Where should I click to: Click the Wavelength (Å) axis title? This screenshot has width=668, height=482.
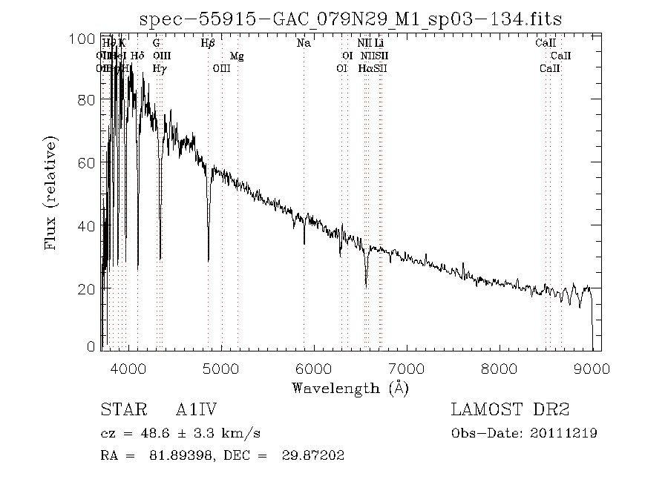pos(350,387)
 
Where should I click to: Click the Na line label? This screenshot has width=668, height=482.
pos(303,44)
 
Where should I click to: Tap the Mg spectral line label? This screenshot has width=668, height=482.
pos(236,56)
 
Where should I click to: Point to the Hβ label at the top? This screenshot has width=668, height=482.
pos(208,44)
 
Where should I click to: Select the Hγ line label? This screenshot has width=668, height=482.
pos(159,69)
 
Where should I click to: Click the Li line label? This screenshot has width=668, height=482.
pos(379,44)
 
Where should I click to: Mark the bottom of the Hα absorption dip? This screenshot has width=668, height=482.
pos(366,285)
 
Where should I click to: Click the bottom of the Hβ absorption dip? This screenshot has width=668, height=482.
pos(209,260)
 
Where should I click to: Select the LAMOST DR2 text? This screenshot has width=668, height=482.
pos(510,410)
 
